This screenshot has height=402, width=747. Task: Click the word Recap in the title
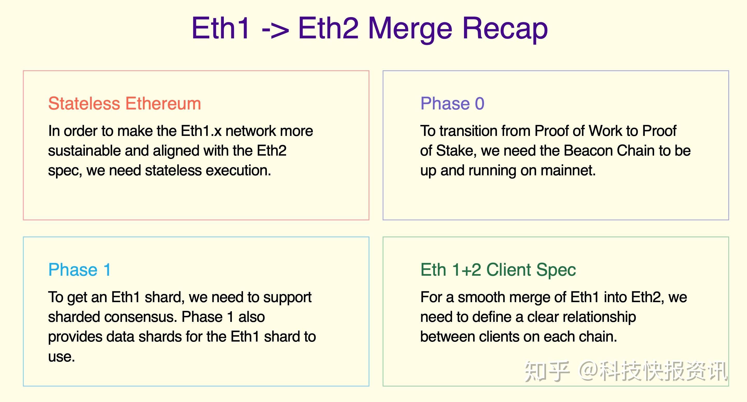tap(505, 29)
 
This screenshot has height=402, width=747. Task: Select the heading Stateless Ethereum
tap(125, 103)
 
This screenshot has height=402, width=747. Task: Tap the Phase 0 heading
tap(452, 103)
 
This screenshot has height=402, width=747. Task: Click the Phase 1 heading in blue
tap(79, 270)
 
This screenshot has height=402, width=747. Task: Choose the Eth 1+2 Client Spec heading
tap(498, 270)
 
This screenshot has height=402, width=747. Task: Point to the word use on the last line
tap(61, 357)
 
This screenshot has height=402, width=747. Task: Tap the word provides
tap(75, 337)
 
